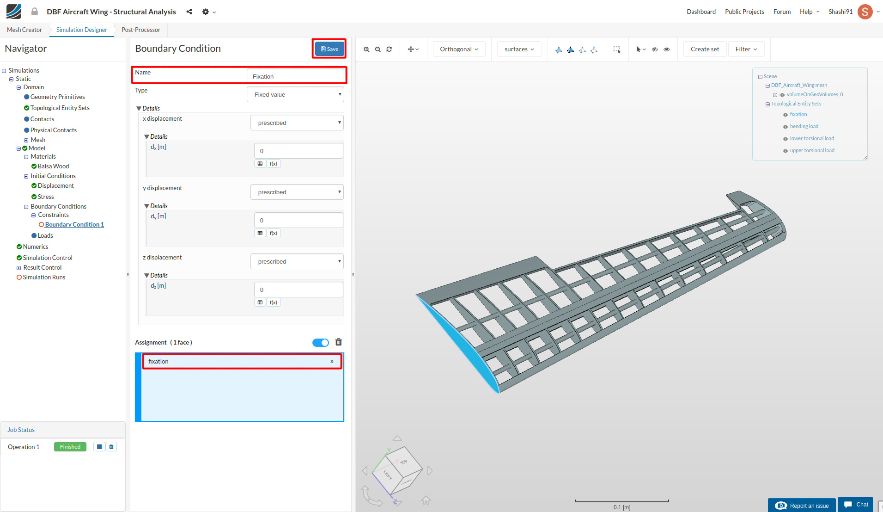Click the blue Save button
[x=329, y=49]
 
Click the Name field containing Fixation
[x=296, y=76]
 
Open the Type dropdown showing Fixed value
[x=296, y=94]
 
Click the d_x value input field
[x=298, y=151]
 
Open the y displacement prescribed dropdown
[x=297, y=192]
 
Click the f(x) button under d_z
[x=274, y=302]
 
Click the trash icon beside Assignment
[x=339, y=342]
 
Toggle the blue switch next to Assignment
[x=321, y=343]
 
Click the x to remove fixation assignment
[x=332, y=362]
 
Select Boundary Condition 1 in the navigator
[x=74, y=224]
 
